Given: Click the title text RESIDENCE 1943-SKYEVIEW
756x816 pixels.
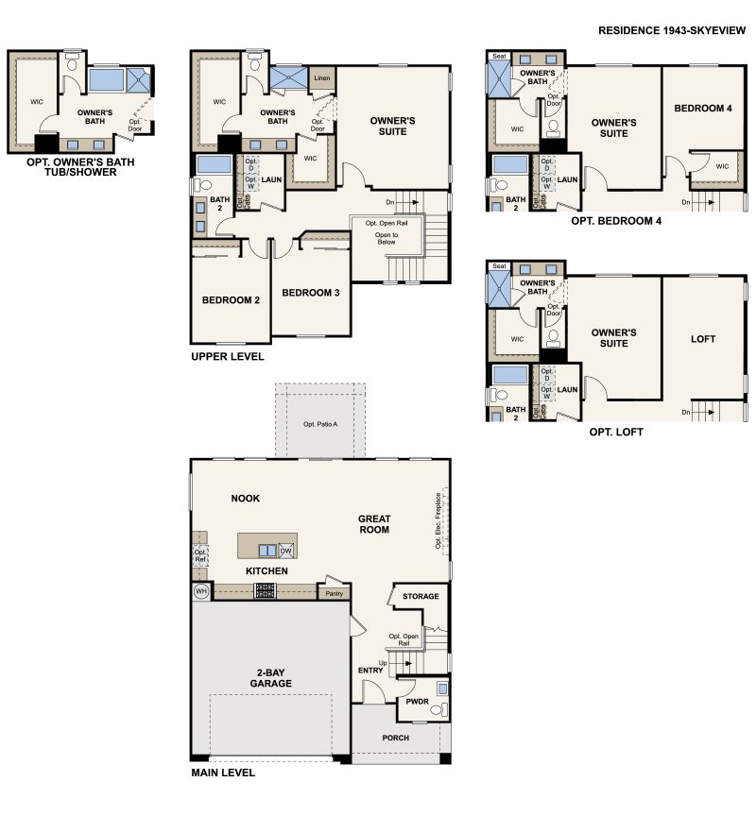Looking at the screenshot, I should (x=672, y=31).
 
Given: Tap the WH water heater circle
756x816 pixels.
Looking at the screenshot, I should (x=200, y=591).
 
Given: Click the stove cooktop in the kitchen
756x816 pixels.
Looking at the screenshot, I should (x=266, y=591).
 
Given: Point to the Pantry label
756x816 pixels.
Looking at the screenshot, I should (x=334, y=594).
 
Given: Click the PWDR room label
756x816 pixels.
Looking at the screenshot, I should (x=419, y=702).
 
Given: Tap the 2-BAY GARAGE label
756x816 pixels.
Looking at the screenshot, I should (x=270, y=677).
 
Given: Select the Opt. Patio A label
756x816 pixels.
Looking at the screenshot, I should (x=320, y=423).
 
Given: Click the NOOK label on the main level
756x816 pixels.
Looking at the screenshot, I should (x=245, y=498).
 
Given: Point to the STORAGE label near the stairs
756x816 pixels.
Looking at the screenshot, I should (x=421, y=597).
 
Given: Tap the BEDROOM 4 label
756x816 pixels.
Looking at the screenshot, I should (x=702, y=109).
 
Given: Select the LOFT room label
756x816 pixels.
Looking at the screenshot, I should (x=703, y=339).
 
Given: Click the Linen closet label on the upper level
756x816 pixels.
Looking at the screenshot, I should (x=322, y=78).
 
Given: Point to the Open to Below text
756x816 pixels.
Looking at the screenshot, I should (x=387, y=238).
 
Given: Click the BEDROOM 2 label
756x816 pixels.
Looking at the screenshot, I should (x=231, y=300).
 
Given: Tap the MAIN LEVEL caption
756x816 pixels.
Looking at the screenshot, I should (x=222, y=772).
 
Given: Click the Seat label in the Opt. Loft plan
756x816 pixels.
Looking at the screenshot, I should (x=499, y=266).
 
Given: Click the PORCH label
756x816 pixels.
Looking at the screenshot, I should (x=396, y=738).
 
